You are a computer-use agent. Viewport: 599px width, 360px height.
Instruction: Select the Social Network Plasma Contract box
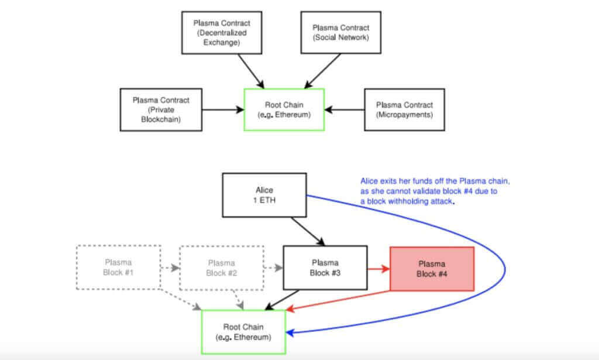341,33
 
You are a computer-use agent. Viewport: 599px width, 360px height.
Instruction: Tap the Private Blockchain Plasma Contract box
161,109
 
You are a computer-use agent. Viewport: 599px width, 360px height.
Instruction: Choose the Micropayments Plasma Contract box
404,109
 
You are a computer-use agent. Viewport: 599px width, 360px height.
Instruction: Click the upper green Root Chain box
284,109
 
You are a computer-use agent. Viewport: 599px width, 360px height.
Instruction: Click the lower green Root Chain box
243,331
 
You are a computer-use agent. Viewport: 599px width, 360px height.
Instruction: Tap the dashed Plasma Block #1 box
118,268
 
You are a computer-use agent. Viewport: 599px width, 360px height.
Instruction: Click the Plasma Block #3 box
325,268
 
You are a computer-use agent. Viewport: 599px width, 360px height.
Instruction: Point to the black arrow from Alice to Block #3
308,230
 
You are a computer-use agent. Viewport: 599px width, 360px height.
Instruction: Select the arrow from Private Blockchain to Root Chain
223,109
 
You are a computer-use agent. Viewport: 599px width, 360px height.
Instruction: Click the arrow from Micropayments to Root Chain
345,109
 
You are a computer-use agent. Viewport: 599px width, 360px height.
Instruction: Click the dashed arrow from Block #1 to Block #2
170,268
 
